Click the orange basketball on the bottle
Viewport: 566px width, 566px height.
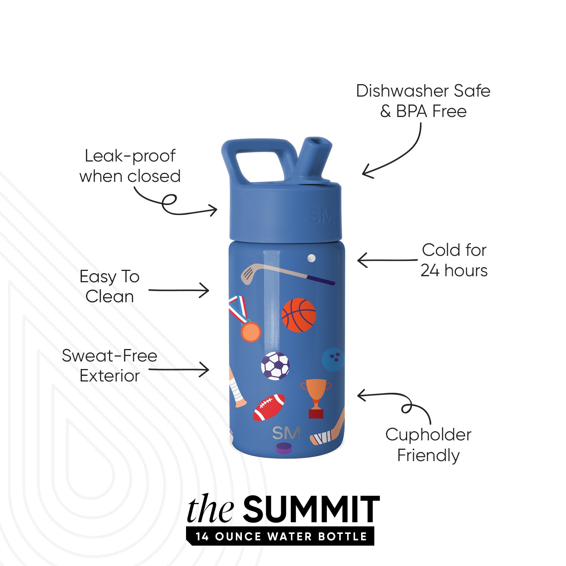coord(298,315)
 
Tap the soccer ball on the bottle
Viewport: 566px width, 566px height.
coord(275,366)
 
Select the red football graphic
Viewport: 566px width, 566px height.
coord(269,408)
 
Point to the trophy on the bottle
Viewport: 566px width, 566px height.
coord(316,398)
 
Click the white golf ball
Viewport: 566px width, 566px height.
coord(311,258)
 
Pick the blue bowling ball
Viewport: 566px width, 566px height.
coord(333,359)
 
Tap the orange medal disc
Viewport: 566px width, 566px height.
coord(251,332)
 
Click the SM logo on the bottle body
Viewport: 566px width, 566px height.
coord(286,433)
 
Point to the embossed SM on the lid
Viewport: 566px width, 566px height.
coord(321,216)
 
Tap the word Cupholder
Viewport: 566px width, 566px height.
coord(428,435)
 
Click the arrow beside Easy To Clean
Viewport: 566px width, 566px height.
coord(178,290)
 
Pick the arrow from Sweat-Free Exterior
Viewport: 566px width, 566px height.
coord(178,369)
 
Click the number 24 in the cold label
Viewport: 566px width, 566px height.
coord(430,271)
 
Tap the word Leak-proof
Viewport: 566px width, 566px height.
coord(130,156)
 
